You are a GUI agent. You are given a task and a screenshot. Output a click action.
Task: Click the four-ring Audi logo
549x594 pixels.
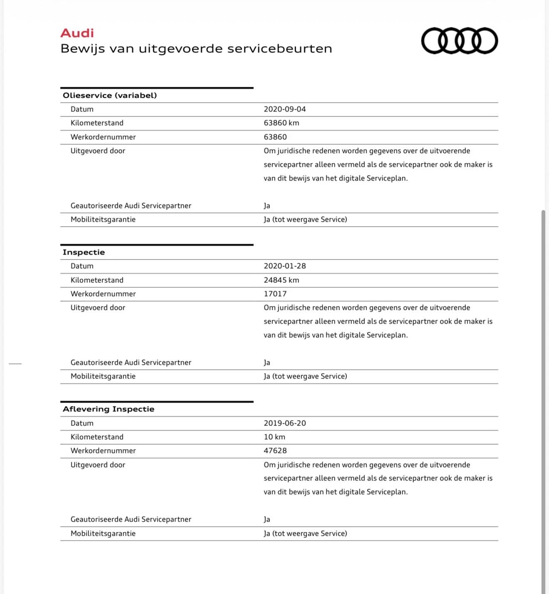(459, 41)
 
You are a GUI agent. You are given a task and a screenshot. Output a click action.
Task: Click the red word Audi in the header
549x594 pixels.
(77, 33)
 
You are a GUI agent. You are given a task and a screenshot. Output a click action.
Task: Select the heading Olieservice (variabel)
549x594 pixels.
(110, 95)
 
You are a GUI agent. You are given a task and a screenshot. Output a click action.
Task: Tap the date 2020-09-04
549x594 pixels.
(284, 109)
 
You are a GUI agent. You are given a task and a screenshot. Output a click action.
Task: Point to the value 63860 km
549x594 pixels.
(281, 123)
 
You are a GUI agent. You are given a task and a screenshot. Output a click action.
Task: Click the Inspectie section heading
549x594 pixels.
(84, 252)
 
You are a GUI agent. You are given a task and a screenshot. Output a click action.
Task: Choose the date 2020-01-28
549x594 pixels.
(284, 266)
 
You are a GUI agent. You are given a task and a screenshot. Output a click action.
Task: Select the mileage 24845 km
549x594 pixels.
(281, 280)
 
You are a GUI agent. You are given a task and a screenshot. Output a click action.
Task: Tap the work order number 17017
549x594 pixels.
(275, 294)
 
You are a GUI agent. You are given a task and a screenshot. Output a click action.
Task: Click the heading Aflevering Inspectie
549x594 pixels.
(109, 409)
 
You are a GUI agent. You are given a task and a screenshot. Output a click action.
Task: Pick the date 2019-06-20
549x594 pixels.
(284, 423)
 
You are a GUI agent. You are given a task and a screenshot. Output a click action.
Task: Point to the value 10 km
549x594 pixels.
(274, 437)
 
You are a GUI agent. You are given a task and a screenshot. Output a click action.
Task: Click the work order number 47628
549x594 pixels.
(275, 450)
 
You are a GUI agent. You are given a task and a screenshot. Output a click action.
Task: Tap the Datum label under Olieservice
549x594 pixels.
(82, 109)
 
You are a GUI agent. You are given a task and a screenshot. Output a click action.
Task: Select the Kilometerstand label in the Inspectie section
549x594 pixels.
(97, 280)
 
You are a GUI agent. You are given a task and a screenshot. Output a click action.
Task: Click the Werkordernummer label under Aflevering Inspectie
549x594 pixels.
(103, 450)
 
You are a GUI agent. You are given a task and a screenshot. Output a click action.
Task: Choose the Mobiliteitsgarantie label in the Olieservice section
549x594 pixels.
(103, 219)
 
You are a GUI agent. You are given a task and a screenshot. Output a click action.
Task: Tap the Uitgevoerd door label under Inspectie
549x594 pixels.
(98, 307)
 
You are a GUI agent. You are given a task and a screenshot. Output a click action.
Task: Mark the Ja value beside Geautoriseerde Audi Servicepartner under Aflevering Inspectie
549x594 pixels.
(267, 519)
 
